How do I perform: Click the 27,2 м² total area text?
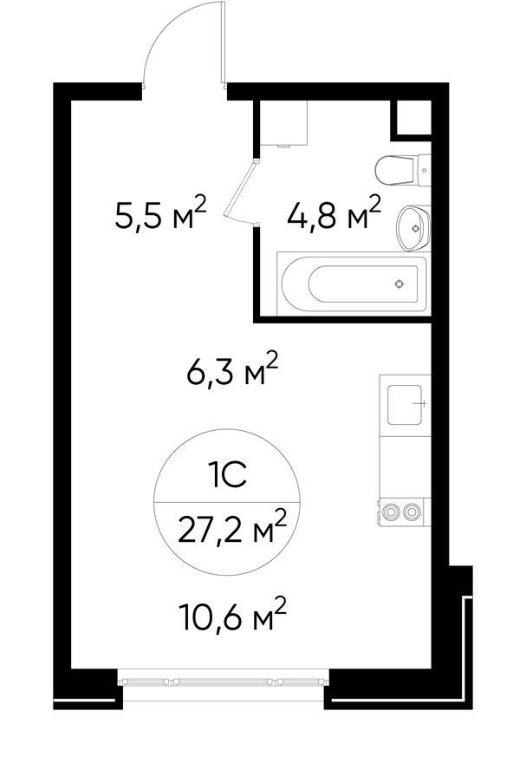point(231,527)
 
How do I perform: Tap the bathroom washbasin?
point(413,228)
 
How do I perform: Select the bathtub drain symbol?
point(399,284)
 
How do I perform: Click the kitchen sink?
point(404,404)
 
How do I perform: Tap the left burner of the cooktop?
point(390,512)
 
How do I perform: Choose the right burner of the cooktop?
point(412,512)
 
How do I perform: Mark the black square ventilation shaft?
point(412,117)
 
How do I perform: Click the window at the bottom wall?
point(224,684)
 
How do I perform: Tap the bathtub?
point(353,284)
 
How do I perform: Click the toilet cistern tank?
point(424,170)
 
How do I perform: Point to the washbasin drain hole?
point(415,228)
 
